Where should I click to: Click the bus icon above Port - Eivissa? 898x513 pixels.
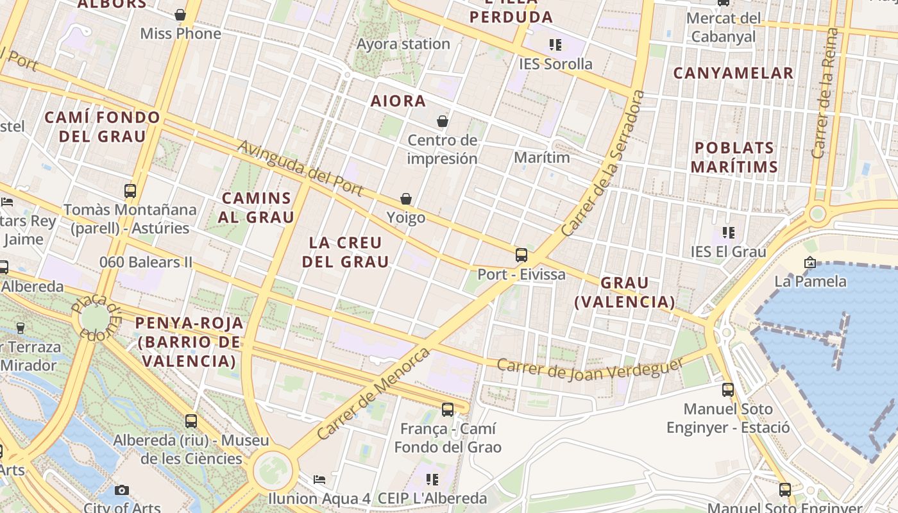(x=521, y=255)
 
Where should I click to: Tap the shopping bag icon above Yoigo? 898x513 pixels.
(x=406, y=199)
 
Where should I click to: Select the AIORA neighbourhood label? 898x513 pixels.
(x=398, y=101)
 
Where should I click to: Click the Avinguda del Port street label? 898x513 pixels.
(x=300, y=169)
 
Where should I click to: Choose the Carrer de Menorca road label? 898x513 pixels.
(x=373, y=393)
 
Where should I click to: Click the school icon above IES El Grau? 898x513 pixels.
(x=728, y=232)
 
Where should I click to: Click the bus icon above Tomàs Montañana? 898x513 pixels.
(x=130, y=190)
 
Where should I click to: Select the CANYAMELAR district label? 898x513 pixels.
(x=733, y=73)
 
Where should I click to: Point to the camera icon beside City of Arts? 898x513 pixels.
(x=121, y=491)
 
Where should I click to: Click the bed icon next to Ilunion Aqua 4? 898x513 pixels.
(x=319, y=480)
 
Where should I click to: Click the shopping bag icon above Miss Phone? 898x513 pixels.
(x=180, y=15)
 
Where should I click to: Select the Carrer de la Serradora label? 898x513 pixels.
(x=602, y=163)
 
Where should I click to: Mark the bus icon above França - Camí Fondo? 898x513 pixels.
(x=448, y=409)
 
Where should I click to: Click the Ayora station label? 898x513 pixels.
(x=403, y=44)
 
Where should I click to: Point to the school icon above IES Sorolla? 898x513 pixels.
(x=555, y=45)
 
